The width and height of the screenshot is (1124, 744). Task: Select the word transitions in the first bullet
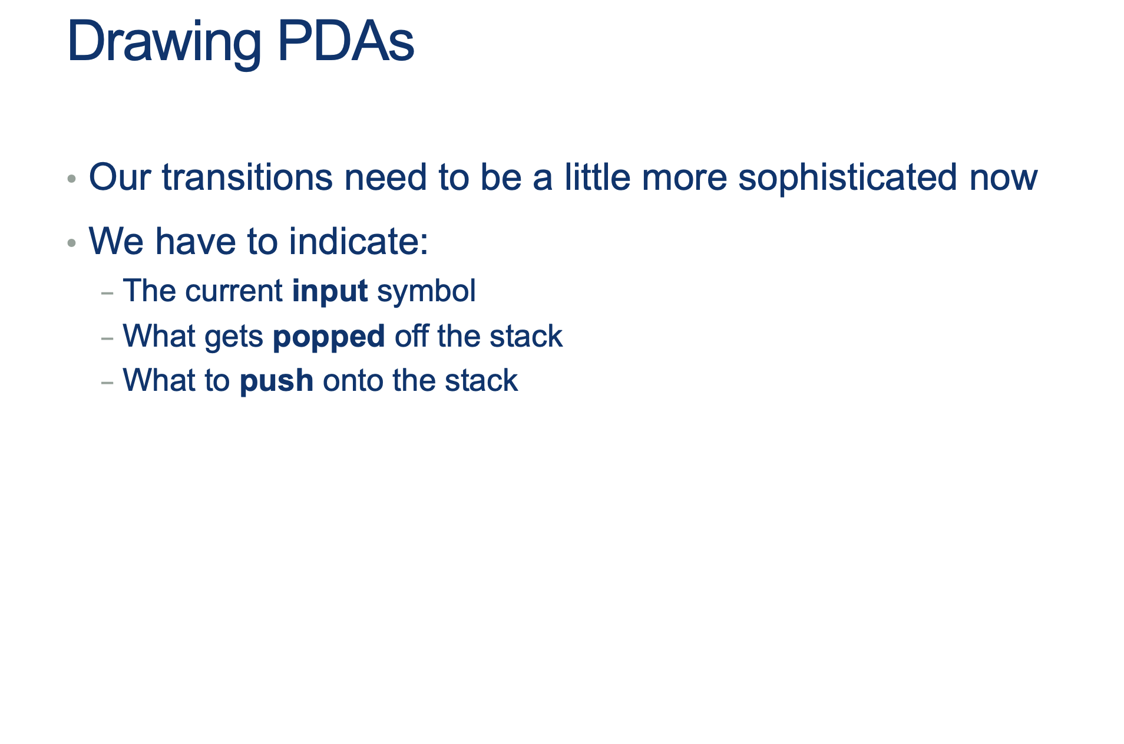click(x=247, y=177)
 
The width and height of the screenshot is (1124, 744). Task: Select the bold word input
click(x=330, y=291)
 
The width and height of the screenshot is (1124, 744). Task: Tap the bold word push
click(x=276, y=381)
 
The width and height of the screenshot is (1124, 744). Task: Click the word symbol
click(x=426, y=291)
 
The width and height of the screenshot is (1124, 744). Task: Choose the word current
click(x=233, y=291)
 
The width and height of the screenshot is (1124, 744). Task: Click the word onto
click(x=352, y=381)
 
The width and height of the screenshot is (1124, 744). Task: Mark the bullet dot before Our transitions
click(x=72, y=178)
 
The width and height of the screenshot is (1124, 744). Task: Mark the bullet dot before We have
click(x=72, y=242)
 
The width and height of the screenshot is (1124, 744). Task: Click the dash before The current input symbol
click(x=107, y=292)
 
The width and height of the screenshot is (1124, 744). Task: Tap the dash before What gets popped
click(x=107, y=338)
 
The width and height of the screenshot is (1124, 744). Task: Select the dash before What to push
click(x=107, y=382)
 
